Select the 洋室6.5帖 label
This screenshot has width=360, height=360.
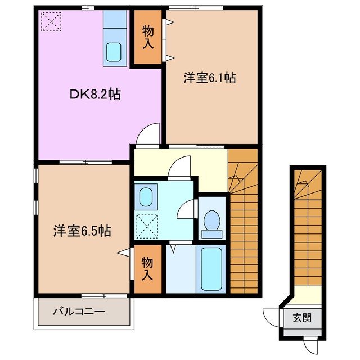click(x=82, y=231)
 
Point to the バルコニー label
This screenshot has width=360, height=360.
click(x=79, y=310)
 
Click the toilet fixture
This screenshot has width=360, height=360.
click(x=212, y=220)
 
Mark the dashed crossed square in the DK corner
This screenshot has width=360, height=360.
click(x=51, y=22)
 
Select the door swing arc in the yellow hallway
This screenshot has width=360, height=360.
click(x=181, y=167)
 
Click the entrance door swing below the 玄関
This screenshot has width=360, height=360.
click(x=310, y=344)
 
